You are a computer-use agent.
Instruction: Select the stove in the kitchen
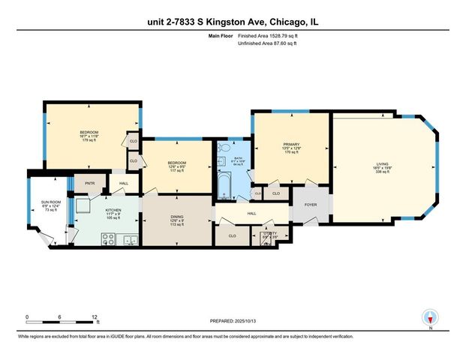108,241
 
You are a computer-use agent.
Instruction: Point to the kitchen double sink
130,241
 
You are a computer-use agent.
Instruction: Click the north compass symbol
430,317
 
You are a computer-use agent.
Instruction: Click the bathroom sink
223,160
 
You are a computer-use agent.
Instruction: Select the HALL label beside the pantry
124,182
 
